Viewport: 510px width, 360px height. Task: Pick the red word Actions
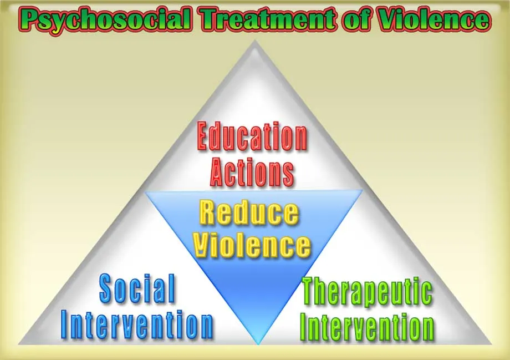[252, 172]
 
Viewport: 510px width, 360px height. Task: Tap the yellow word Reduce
[249, 213]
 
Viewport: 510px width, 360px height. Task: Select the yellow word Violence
[252, 245]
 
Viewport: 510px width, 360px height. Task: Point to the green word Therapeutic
[368, 292]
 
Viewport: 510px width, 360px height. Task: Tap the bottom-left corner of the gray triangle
[19, 344]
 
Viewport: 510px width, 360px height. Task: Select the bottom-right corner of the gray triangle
[492, 344]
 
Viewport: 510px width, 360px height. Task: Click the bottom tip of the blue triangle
[258, 344]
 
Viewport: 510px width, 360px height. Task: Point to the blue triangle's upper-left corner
[145, 192]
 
